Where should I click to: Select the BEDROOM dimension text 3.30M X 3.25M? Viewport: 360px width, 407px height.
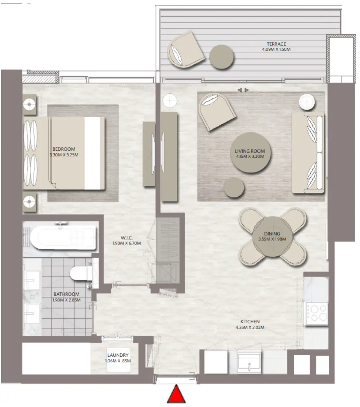64,155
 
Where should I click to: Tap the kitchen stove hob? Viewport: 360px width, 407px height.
316,313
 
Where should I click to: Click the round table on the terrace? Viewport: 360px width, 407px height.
221,57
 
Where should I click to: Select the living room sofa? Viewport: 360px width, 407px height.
308,153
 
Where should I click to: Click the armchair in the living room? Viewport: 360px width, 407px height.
217,111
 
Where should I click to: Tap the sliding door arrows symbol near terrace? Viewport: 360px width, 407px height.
243,90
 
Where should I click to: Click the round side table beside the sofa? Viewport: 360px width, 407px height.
307,102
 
